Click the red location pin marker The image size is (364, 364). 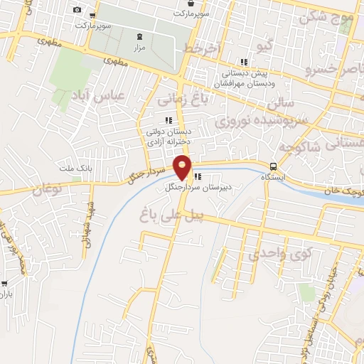pos(183,168)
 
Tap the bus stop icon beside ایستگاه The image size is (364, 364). pos(274,166)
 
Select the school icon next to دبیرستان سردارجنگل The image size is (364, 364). pos(198,176)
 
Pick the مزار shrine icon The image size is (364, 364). pos(139,36)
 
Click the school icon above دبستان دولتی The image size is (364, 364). pos(168,120)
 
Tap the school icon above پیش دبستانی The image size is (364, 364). pos(245,62)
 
